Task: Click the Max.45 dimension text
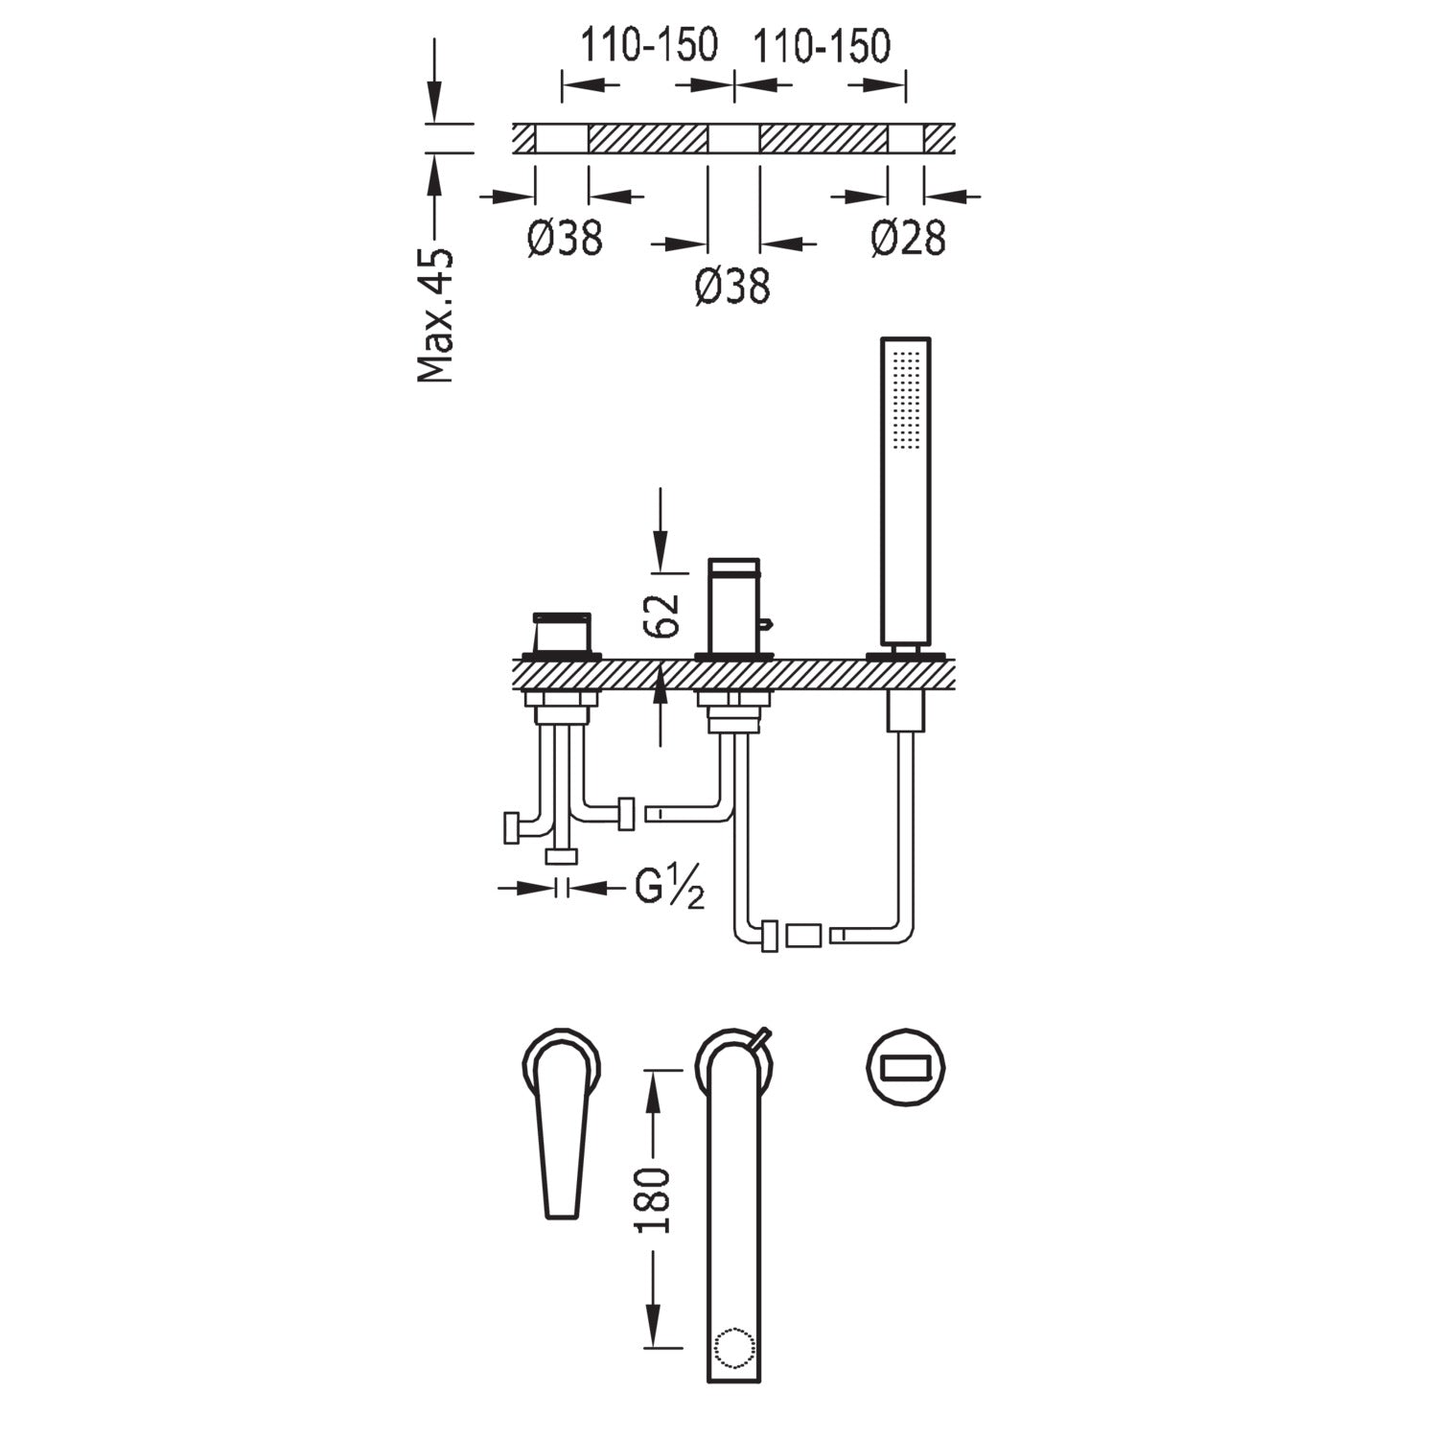pyautogui.click(x=436, y=315)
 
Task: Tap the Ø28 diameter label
pyautogui.click(x=908, y=238)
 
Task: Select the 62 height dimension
pyautogui.click(x=662, y=615)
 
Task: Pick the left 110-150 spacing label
pyautogui.click(x=649, y=45)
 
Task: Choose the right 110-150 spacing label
pyautogui.click(x=822, y=45)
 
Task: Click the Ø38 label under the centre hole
pyautogui.click(x=733, y=286)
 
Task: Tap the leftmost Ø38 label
pyautogui.click(x=565, y=238)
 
